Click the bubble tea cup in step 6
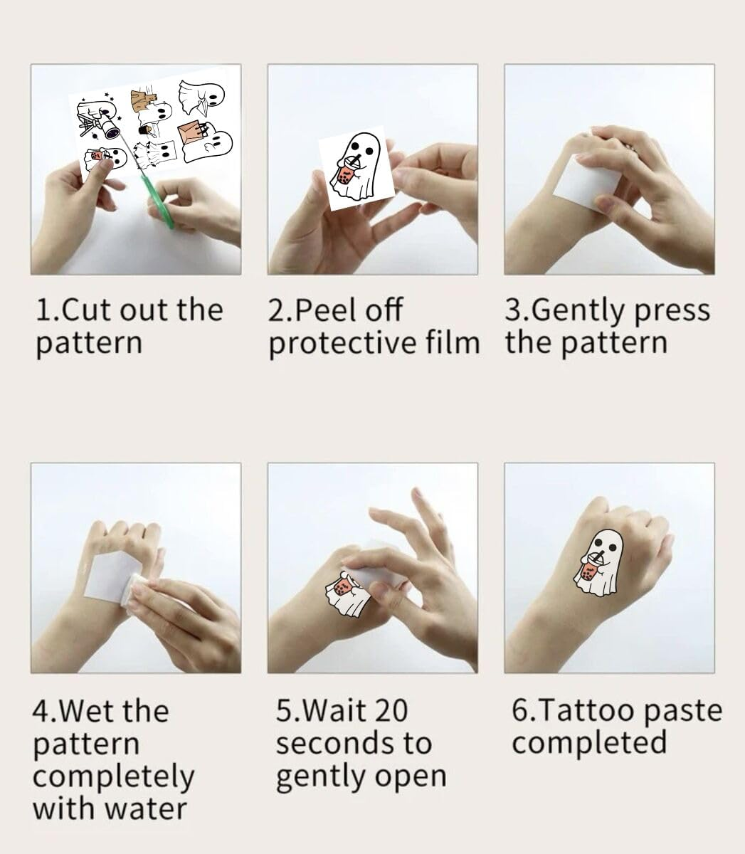(588, 572)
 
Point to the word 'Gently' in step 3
(578, 311)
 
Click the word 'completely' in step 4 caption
(113, 776)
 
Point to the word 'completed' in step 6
(589, 744)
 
